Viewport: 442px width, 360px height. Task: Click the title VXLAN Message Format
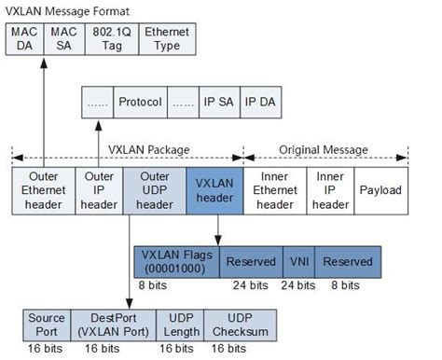click(71, 10)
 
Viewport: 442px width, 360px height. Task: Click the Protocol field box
click(141, 102)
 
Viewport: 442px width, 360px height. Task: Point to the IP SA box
click(219, 102)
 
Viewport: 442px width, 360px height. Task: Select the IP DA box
click(262, 102)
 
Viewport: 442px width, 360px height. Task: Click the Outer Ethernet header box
click(42, 189)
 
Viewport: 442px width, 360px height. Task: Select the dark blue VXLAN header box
click(214, 189)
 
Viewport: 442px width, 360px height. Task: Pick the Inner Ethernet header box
click(274, 189)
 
